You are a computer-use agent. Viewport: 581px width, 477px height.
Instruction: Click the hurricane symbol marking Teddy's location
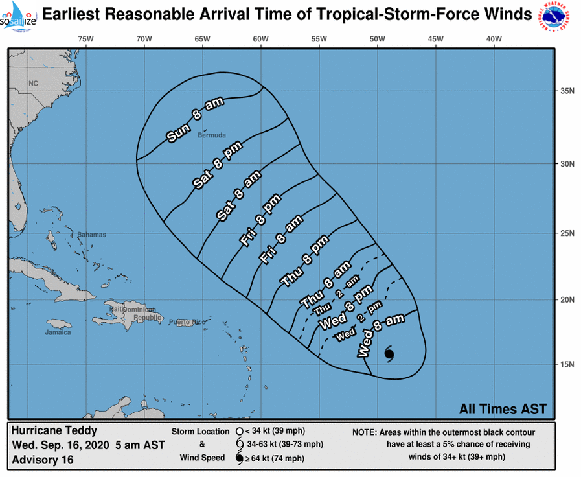point(389,353)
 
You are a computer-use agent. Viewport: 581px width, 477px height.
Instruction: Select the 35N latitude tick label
point(568,91)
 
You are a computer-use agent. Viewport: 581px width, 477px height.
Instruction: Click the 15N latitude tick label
point(568,364)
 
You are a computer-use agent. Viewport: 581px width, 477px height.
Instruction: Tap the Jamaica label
point(58,332)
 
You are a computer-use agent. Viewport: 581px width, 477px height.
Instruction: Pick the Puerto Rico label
point(187,322)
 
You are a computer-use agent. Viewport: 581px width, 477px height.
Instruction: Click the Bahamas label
point(91,235)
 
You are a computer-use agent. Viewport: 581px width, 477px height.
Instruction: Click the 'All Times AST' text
point(503,409)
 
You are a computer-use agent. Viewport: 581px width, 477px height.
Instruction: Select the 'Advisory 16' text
point(42,460)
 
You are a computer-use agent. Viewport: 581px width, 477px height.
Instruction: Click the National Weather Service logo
point(555,18)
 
